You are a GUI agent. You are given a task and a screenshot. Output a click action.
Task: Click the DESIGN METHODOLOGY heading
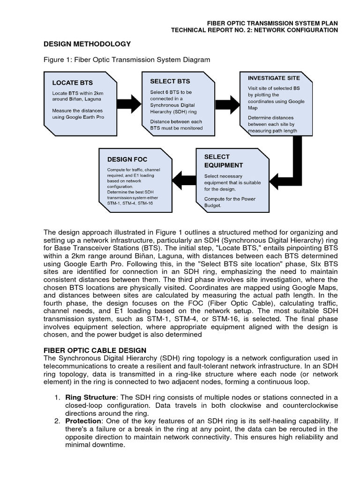(x=87, y=44)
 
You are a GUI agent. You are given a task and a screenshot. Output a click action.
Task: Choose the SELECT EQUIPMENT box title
(x=224, y=161)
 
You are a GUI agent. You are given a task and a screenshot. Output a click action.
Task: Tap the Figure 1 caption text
(x=127, y=60)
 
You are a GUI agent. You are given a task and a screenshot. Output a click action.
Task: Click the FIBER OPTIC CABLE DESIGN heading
(x=95, y=350)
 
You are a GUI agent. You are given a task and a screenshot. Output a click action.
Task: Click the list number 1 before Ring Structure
(x=57, y=397)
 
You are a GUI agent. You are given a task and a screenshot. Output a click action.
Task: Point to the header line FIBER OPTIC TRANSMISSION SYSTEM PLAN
(x=273, y=22)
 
